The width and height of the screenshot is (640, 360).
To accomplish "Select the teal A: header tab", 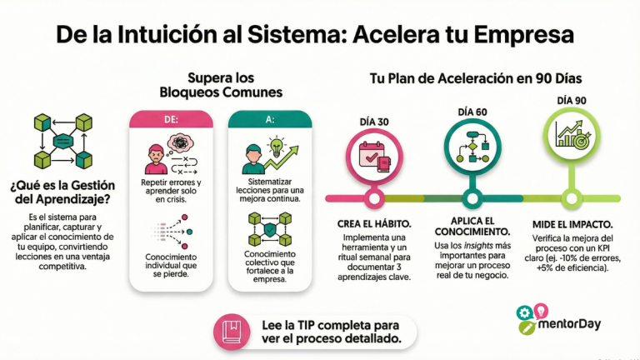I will coord(269,120).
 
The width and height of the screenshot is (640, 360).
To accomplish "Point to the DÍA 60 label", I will coord(473,110).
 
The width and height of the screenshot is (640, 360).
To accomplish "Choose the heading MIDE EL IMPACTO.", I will coord(573,224).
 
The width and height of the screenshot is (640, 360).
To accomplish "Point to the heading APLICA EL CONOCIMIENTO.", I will coord(472,224).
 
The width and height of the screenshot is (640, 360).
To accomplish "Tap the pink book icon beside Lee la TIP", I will coord(231,331).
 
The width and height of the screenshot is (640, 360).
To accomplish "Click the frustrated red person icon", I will coord(156,157).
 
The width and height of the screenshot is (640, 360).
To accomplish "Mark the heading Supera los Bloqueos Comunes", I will coord(222,84).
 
